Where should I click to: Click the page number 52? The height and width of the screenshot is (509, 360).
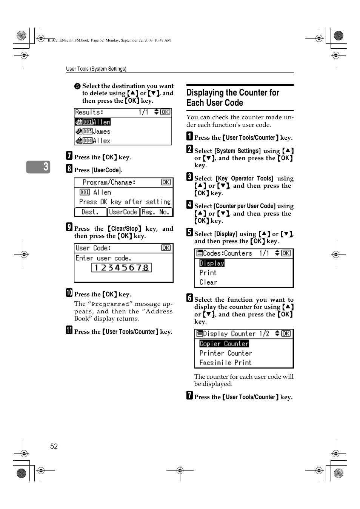tap(54, 446)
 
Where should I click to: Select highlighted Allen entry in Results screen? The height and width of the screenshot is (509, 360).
tap(93, 122)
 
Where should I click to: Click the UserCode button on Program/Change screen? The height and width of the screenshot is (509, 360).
tap(123, 212)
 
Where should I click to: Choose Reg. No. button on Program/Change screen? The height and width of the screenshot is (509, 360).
tap(156, 212)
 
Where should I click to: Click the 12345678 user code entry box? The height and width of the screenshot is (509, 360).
tap(121, 268)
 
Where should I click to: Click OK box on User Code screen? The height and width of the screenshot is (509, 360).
tap(166, 248)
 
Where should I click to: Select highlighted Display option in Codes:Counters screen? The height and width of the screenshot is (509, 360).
tap(212, 263)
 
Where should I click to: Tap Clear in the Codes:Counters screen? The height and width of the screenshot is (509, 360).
tap(208, 282)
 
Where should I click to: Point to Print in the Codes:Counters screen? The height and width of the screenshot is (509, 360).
tap(208, 273)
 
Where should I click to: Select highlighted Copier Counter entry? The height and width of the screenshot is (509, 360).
tap(224, 344)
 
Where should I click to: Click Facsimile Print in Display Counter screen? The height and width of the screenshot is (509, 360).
tap(225, 362)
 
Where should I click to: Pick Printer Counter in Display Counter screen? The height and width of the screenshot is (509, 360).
tap(226, 353)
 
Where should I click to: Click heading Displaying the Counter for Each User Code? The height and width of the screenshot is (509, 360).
tap(232, 98)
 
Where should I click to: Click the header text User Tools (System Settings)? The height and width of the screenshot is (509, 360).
tap(96, 69)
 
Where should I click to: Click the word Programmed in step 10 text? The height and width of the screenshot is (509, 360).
tap(110, 304)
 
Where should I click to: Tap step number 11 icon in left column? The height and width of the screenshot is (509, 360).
tap(69, 330)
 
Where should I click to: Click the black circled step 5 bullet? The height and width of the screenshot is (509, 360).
tap(77, 86)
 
